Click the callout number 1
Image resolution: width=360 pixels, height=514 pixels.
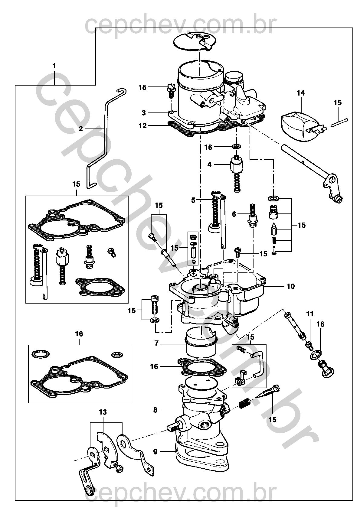(x=54, y=66)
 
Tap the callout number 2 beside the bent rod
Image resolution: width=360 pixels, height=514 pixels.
(x=80, y=129)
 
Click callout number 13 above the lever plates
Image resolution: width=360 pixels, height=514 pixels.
(x=103, y=412)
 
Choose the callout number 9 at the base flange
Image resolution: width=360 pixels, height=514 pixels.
(x=155, y=452)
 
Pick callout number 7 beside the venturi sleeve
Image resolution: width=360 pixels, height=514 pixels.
(x=157, y=343)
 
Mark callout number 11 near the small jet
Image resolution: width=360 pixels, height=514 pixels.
(x=310, y=314)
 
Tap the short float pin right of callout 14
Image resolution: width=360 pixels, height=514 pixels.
(x=339, y=122)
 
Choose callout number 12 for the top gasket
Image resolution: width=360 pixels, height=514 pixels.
(x=142, y=126)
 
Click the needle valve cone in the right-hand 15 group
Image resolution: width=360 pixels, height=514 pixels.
(x=274, y=229)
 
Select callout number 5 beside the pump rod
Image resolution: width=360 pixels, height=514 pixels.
(x=193, y=200)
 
